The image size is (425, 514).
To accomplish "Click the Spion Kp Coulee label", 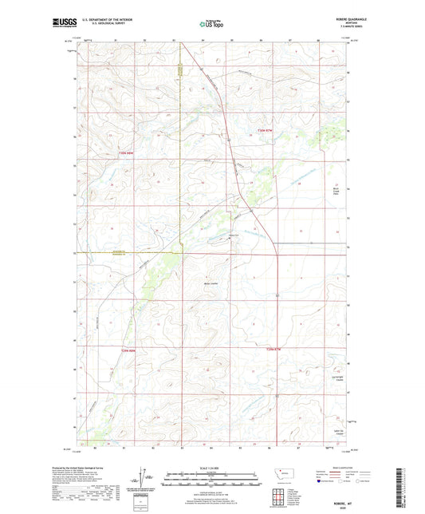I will [335, 430].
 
